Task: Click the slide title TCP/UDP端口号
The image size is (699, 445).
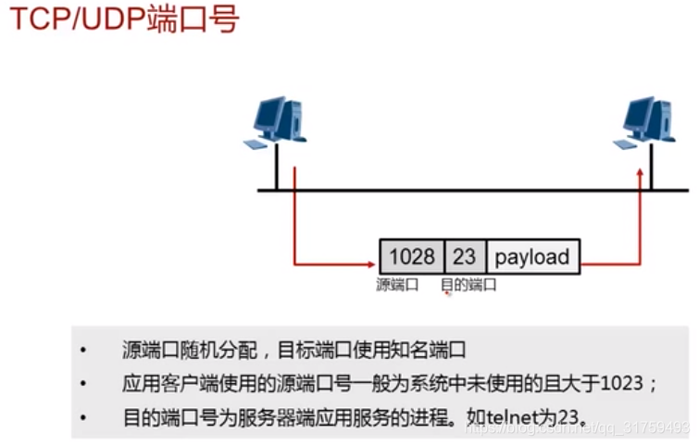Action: pyautogui.click(x=124, y=19)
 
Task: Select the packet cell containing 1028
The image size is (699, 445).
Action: pyautogui.click(x=412, y=256)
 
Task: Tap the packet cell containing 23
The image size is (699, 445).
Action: pyautogui.click(x=464, y=256)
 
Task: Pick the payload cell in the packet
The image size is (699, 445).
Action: pyautogui.click(x=532, y=256)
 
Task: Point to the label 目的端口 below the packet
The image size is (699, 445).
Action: pyautogui.click(x=468, y=285)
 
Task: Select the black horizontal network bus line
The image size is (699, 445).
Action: pyautogui.click(x=463, y=191)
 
